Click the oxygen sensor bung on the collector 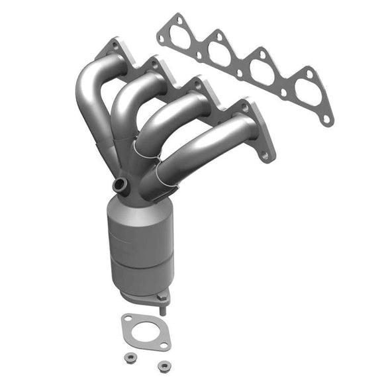pos(120,184)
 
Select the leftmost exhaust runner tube pos(89,99)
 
